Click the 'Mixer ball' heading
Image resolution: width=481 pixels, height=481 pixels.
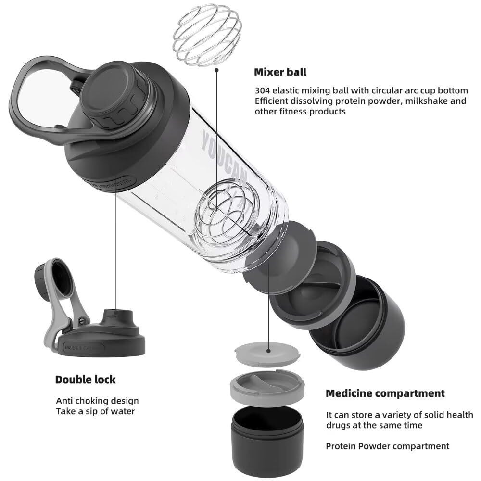pyautogui.click(x=280, y=72)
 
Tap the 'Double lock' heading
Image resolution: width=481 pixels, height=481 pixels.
pyautogui.click(x=85, y=380)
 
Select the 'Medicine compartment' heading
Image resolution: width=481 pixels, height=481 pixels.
pyautogui.click(x=385, y=393)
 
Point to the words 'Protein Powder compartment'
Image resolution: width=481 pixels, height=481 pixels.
pyautogui.click(x=388, y=446)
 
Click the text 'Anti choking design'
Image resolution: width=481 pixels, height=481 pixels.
pyautogui.click(x=97, y=401)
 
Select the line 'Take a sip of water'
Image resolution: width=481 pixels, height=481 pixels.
pyautogui.click(x=95, y=411)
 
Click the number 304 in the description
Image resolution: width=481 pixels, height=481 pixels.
pyautogui.click(x=263, y=90)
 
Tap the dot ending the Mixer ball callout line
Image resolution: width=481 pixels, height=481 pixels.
pyautogui.click(x=217, y=70)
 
